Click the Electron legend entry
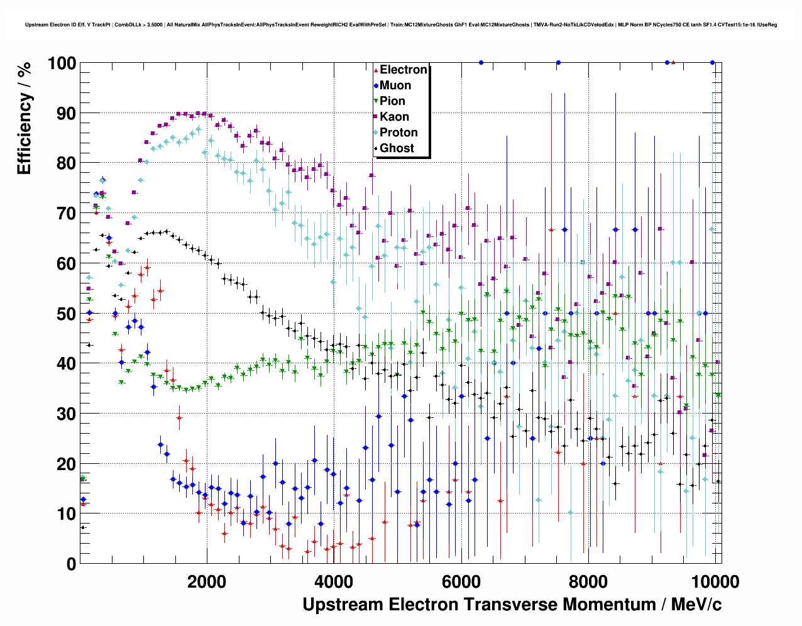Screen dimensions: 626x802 click(403, 70)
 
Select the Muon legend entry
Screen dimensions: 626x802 click(395, 85)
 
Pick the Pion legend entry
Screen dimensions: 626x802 click(392, 101)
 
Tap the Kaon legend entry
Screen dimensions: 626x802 click(394, 117)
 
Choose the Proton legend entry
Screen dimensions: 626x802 click(398, 133)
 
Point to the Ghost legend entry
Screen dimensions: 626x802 click(397, 148)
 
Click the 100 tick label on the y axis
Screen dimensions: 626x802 click(62, 63)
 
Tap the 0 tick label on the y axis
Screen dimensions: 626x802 click(71, 564)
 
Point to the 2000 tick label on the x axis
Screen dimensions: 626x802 click(207, 581)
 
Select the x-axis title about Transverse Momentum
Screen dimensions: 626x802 click(512, 605)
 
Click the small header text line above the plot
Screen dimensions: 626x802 click(401, 25)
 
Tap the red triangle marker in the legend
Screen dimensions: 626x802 click(376, 70)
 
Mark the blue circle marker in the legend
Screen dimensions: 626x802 click(376, 85)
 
